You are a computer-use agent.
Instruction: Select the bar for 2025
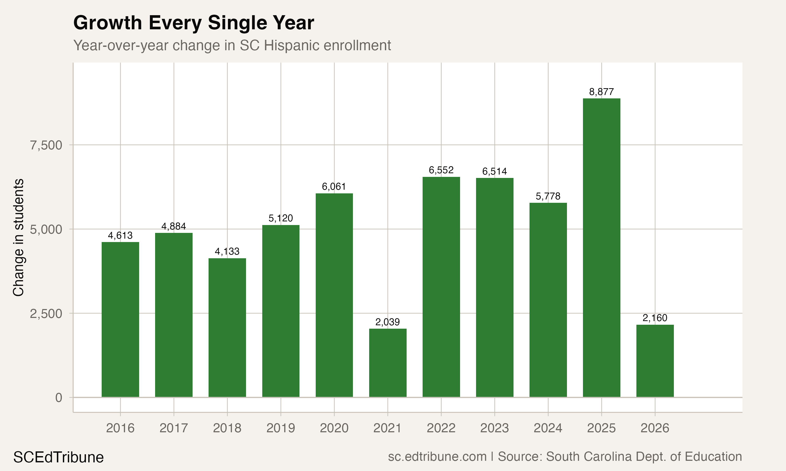(601, 248)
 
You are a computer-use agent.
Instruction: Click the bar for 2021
(387, 363)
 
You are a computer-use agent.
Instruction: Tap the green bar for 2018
(227, 328)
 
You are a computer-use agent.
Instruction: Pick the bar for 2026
(655, 361)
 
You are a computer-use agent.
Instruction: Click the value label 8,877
(601, 92)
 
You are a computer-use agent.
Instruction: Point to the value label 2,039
(387, 322)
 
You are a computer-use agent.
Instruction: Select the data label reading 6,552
(441, 170)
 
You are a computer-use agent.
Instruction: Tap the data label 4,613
(120, 235)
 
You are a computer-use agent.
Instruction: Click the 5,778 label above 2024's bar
(548, 197)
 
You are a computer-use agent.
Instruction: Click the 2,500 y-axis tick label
(46, 313)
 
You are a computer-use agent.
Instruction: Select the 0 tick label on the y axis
(59, 398)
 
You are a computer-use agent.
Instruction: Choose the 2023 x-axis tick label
(495, 428)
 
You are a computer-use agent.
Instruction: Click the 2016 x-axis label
(120, 428)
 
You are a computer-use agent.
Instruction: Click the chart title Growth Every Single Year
(193, 23)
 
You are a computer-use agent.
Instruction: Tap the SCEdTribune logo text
(58, 457)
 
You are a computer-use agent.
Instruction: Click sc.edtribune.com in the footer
(437, 457)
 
